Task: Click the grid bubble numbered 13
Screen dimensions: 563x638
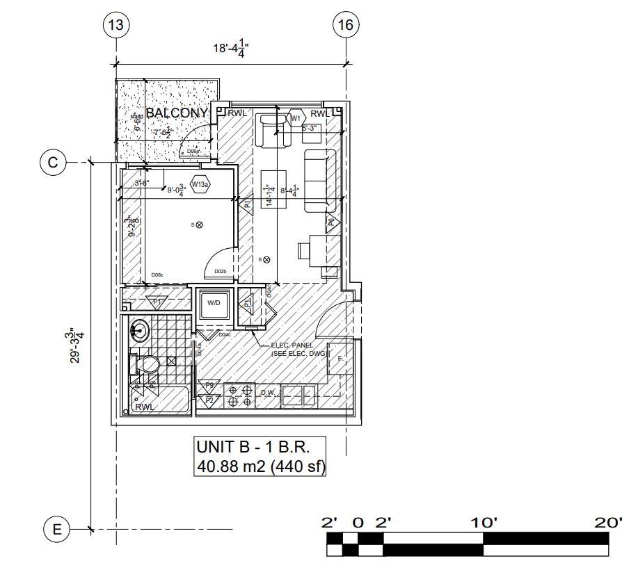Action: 115,26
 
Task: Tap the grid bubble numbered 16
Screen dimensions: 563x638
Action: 346,26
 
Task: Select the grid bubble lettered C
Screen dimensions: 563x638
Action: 53,163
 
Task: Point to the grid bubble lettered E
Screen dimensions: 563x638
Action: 56,530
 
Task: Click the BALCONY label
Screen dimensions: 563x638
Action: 177,113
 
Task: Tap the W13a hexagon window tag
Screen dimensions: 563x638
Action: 200,185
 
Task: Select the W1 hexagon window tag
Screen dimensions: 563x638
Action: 296,118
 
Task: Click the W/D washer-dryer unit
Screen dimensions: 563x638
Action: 213,304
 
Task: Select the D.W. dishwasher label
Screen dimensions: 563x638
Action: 268,393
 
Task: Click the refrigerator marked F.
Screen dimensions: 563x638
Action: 340,359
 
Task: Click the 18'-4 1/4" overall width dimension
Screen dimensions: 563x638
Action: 230,48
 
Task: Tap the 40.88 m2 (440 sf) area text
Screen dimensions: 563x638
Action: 261,466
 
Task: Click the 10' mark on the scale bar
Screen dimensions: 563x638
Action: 482,522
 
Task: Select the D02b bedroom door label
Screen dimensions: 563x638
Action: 220,271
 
